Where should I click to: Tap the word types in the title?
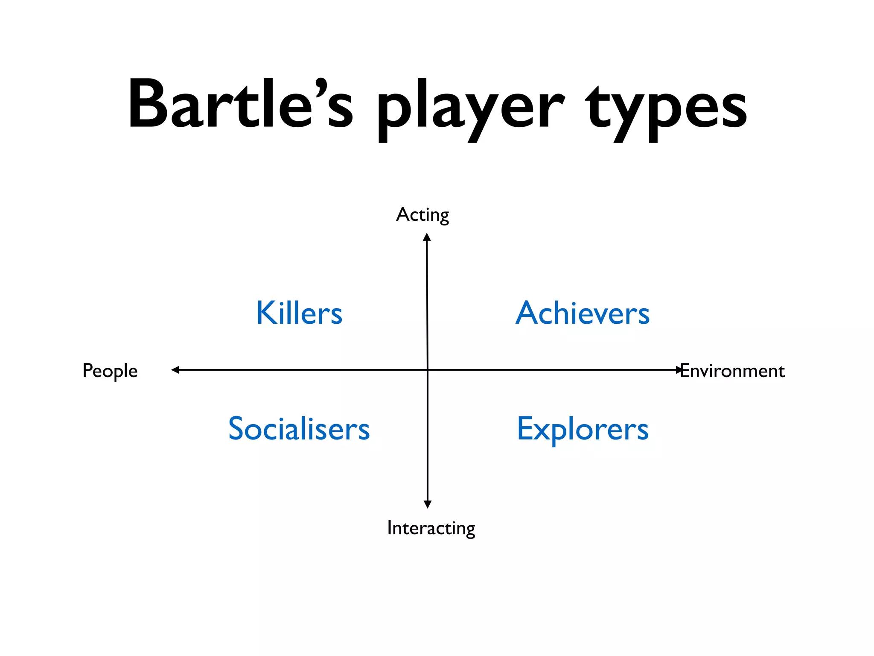(x=666, y=109)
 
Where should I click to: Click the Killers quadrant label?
(x=299, y=313)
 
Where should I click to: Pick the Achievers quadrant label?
(x=582, y=313)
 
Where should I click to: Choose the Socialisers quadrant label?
(x=299, y=428)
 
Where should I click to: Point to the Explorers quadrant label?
(x=583, y=429)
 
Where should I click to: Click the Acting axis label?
(x=422, y=215)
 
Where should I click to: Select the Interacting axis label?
(x=431, y=528)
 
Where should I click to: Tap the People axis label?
(x=110, y=371)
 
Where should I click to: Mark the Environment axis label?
(x=732, y=371)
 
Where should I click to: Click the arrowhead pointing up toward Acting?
(x=427, y=237)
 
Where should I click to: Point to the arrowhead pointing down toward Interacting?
(x=428, y=504)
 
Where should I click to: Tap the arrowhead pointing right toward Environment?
(x=679, y=370)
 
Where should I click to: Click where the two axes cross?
(x=428, y=370)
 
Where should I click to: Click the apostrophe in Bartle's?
(x=321, y=85)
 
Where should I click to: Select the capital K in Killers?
(x=265, y=313)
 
